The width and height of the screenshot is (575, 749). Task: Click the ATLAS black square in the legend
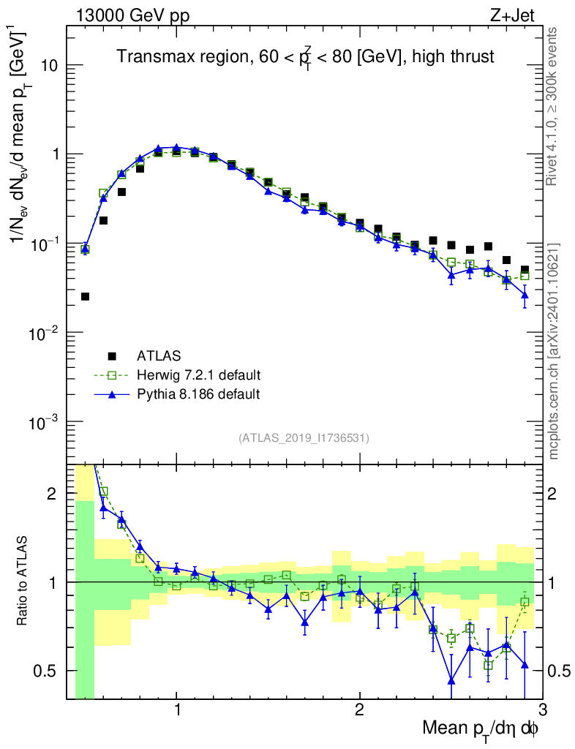(x=112, y=356)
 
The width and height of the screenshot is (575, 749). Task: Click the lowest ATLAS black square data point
(x=85, y=296)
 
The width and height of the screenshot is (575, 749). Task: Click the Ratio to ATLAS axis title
(x=25, y=581)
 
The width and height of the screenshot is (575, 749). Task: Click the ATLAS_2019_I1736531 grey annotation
(x=304, y=438)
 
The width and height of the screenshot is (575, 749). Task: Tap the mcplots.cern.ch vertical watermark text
(x=554, y=351)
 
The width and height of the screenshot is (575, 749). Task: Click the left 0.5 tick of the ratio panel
(x=52, y=671)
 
